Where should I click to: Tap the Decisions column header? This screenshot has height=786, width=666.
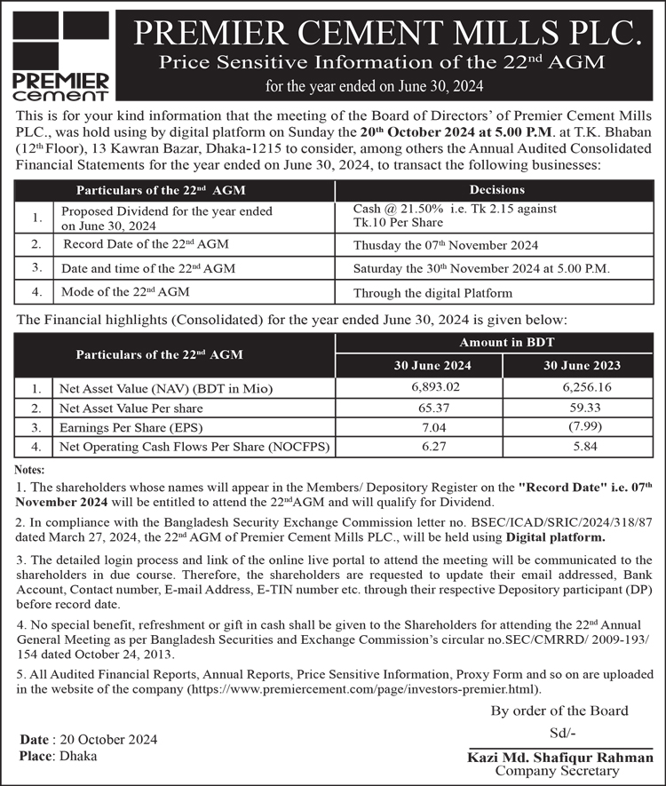click(496, 189)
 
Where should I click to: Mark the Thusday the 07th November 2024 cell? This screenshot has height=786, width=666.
click(446, 245)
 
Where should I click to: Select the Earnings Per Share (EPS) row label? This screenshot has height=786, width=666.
click(130, 427)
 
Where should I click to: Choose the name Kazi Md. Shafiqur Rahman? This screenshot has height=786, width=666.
click(561, 758)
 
